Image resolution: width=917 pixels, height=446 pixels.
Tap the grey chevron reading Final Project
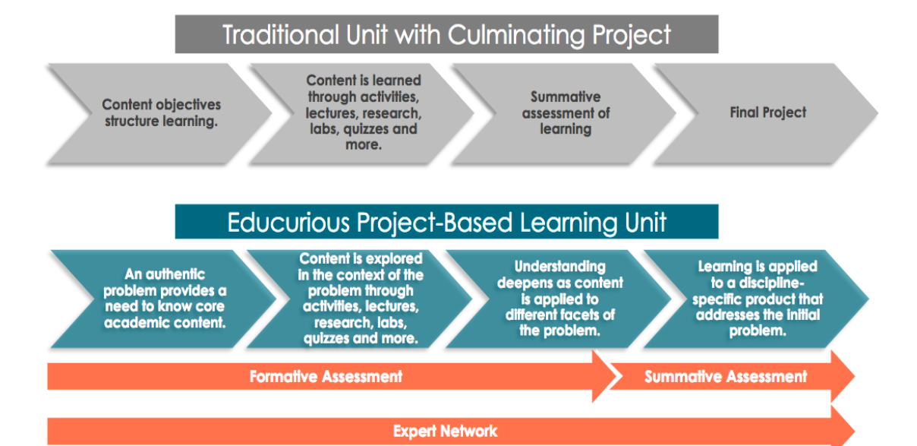tap(767, 113)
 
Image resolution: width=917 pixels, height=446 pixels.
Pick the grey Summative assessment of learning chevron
tap(565, 113)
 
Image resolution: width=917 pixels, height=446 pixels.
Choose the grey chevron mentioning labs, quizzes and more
tap(363, 112)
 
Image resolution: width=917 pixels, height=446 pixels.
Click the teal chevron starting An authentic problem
tap(165, 299)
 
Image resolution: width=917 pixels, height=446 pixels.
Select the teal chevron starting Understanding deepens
tap(559, 299)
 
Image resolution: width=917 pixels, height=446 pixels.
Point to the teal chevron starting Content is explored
tap(361, 299)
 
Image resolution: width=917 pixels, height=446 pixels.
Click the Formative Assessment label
tap(326, 376)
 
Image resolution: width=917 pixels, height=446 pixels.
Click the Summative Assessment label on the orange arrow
tap(725, 376)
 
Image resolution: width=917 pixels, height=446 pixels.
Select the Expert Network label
tap(445, 432)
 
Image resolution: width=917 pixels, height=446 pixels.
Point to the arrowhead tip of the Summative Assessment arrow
tap(853, 376)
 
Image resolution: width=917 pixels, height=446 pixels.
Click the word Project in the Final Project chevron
tap(786, 113)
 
